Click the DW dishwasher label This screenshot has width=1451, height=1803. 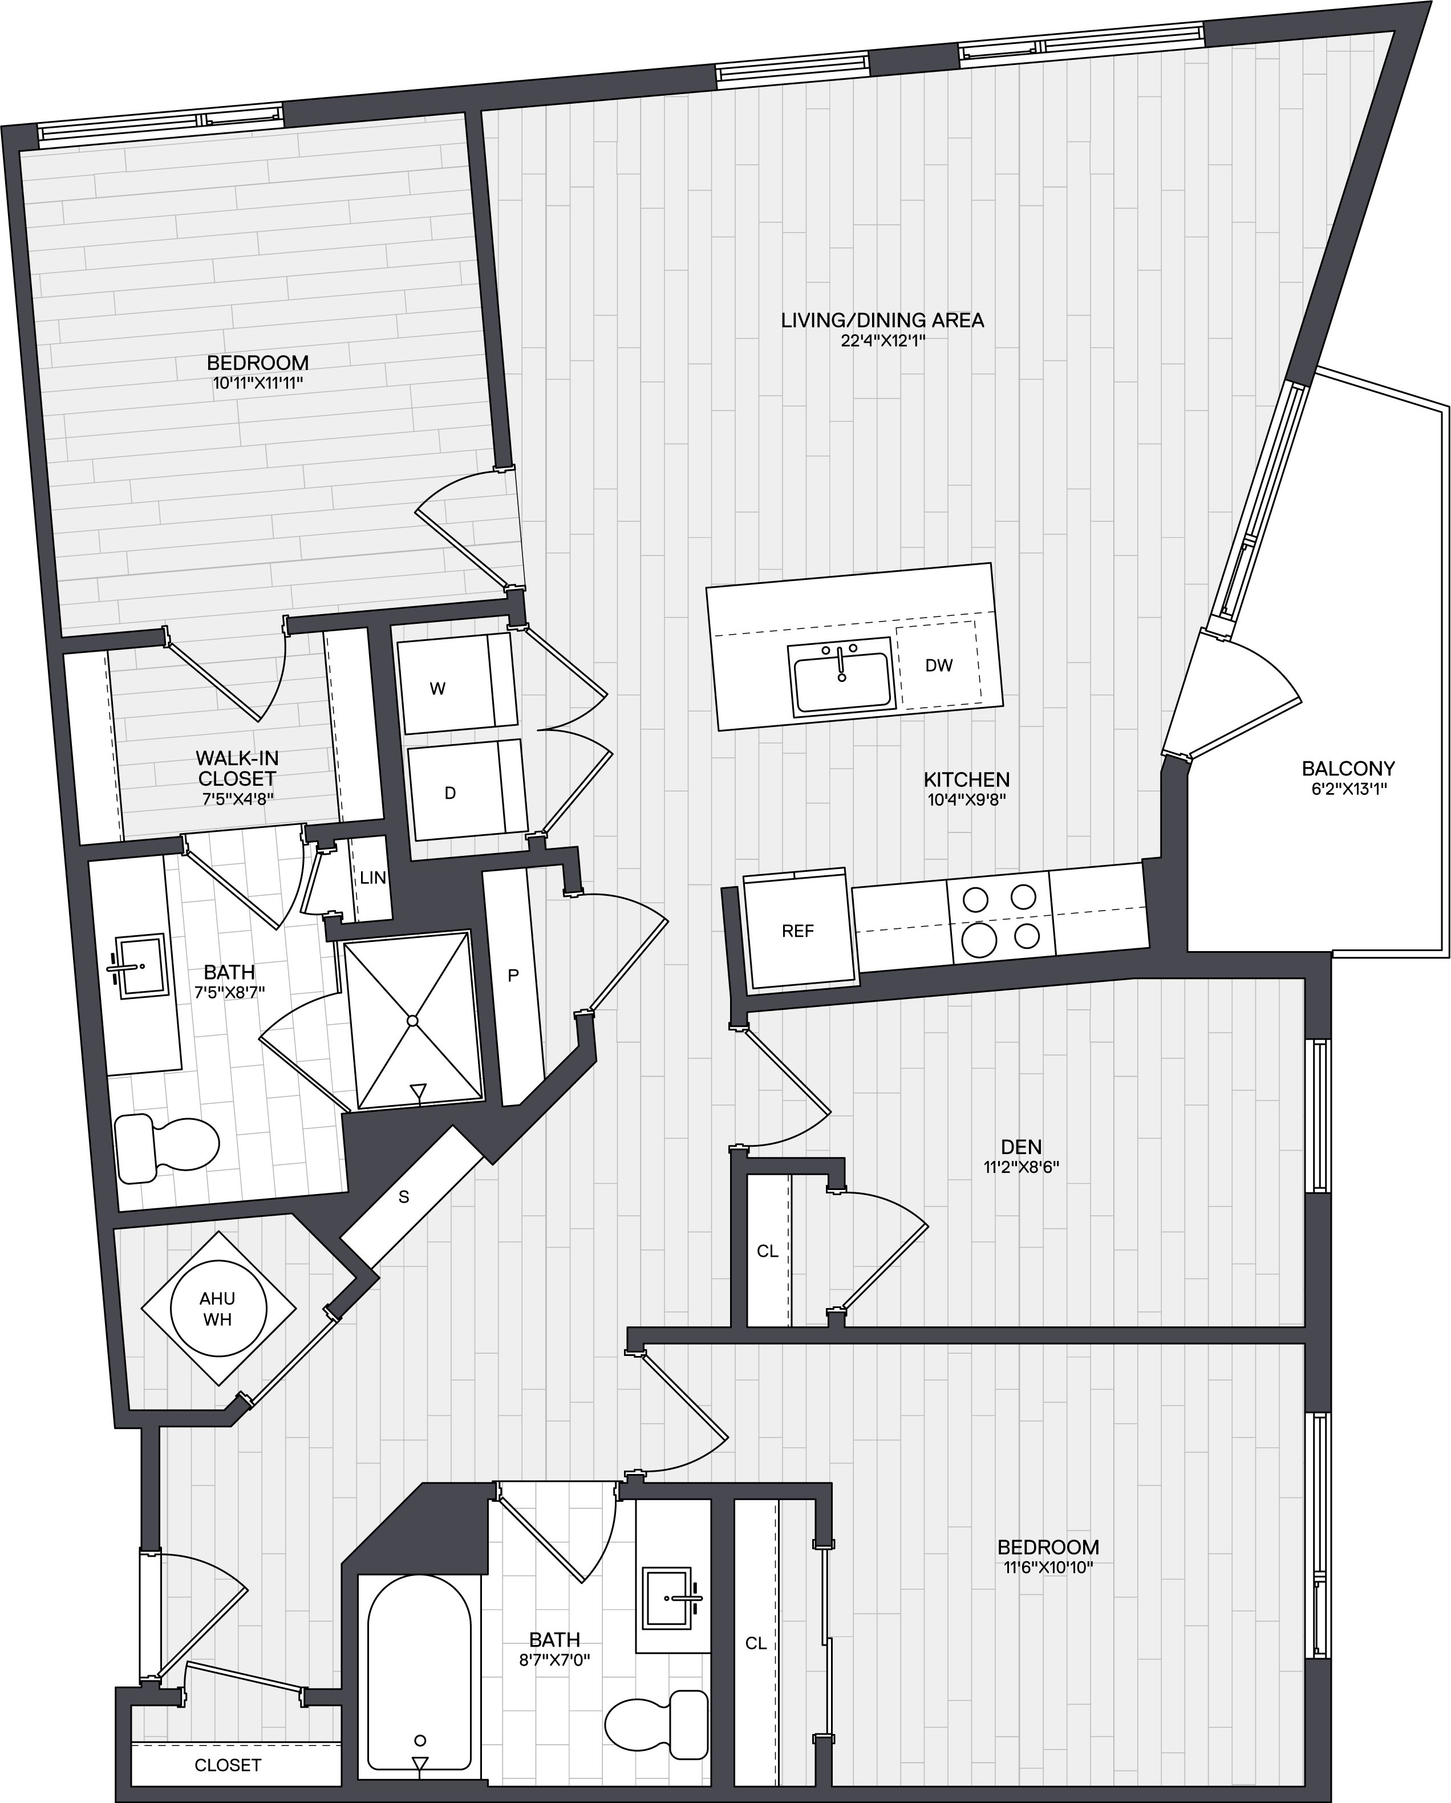coord(938,665)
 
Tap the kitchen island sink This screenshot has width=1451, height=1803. coord(841,677)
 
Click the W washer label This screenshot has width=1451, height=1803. coord(437,689)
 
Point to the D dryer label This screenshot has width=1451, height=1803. coord(450,793)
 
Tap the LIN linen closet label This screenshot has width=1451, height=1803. coord(373,877)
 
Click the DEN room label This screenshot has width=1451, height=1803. coord(1021,1147)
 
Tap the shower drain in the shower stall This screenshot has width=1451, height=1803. coord(412,1021)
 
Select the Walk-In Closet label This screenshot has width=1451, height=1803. coord(237,768)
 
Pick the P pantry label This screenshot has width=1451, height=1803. coord(513,975)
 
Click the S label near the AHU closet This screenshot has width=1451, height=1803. coord(404,1197)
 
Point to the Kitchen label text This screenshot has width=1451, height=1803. coord(967,779)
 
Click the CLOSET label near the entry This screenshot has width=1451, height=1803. coord(228,1765)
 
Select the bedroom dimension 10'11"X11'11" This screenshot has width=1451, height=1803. coord(258,383)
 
